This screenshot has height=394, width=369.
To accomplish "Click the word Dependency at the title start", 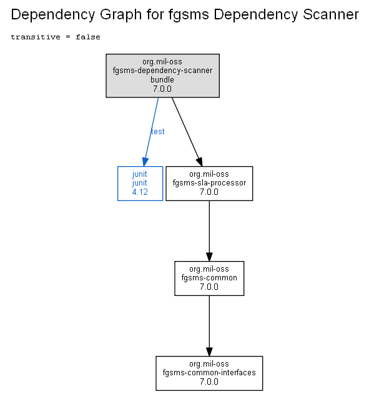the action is [52, 15].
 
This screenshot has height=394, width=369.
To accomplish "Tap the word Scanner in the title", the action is [331, 14].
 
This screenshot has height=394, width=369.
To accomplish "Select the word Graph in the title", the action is [121, 15].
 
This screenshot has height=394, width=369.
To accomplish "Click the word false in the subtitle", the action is [88, 37].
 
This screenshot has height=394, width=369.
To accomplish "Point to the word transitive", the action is [36, 37].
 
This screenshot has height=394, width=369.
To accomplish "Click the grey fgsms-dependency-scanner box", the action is [162, 76].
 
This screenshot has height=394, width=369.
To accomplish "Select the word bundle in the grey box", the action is [162, 80].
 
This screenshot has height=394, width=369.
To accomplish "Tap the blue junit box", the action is [140, 184].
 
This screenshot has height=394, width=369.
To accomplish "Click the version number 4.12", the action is [140, 192].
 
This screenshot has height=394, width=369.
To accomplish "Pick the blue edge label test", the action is [158, 132].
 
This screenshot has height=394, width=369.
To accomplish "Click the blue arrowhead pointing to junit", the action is [145, 162].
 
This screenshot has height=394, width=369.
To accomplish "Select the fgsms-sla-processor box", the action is [209, 184].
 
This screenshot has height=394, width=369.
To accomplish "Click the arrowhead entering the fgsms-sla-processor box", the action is [200, 162].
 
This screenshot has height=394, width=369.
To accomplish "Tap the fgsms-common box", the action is [209, 278].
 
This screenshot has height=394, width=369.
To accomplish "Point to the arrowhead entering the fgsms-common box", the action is [209, 257].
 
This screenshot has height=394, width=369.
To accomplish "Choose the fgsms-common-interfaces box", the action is [209, 373].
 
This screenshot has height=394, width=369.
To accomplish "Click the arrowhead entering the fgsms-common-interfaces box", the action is [209, 352].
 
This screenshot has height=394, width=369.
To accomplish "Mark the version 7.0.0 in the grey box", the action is [162, 89].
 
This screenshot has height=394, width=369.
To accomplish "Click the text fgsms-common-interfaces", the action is [209, 372].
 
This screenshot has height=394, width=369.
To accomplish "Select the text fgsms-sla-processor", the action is [209, 183].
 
